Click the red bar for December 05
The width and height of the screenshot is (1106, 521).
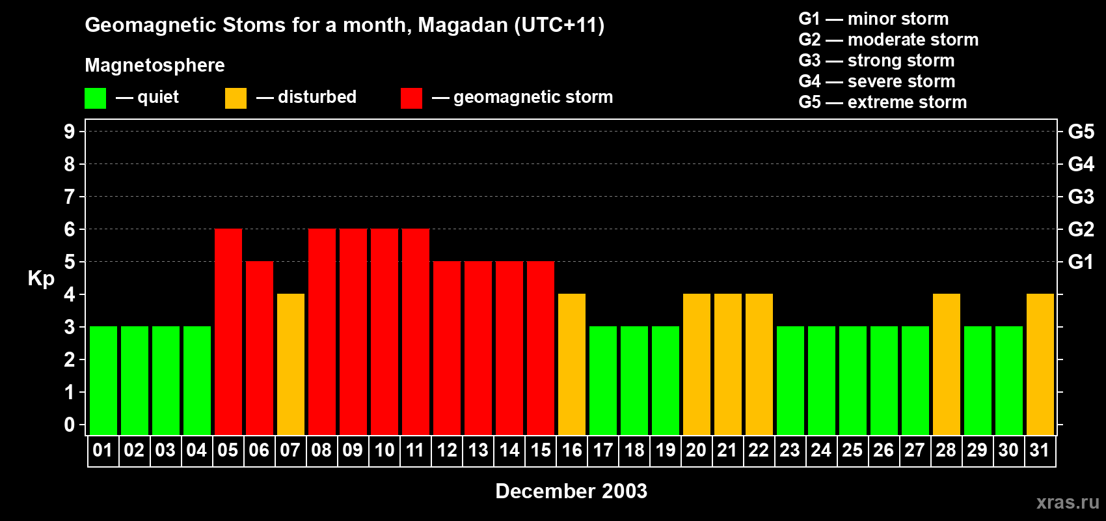pos(228,331)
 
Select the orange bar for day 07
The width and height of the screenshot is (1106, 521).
pos(291,364)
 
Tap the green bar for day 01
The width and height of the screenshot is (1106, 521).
pos(103,380)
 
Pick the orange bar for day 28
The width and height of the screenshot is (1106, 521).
pos(947,364)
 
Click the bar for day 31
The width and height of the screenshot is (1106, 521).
pos(1040,364)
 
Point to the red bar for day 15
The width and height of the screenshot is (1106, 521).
pos(541,348)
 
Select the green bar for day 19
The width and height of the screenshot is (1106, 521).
pos(666,380)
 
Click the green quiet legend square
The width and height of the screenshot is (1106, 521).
pos(95,98)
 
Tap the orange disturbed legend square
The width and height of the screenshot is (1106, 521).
pos(236,98)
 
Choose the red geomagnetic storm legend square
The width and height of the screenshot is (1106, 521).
pos(411,98)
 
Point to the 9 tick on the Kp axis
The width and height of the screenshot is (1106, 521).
pos(70,132)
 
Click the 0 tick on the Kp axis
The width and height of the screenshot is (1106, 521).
pos(70,425)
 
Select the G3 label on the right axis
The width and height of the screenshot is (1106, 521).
pos(1081,197)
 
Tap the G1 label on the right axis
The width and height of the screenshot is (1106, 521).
pos(1081,262)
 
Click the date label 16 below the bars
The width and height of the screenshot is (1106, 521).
pos(572,451)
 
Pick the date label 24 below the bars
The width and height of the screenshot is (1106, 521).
pos(821,451)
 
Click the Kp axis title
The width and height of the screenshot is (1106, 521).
pos(41,279)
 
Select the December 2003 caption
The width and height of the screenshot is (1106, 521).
pos(571,491)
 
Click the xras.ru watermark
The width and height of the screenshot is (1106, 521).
pos(1068,502)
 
